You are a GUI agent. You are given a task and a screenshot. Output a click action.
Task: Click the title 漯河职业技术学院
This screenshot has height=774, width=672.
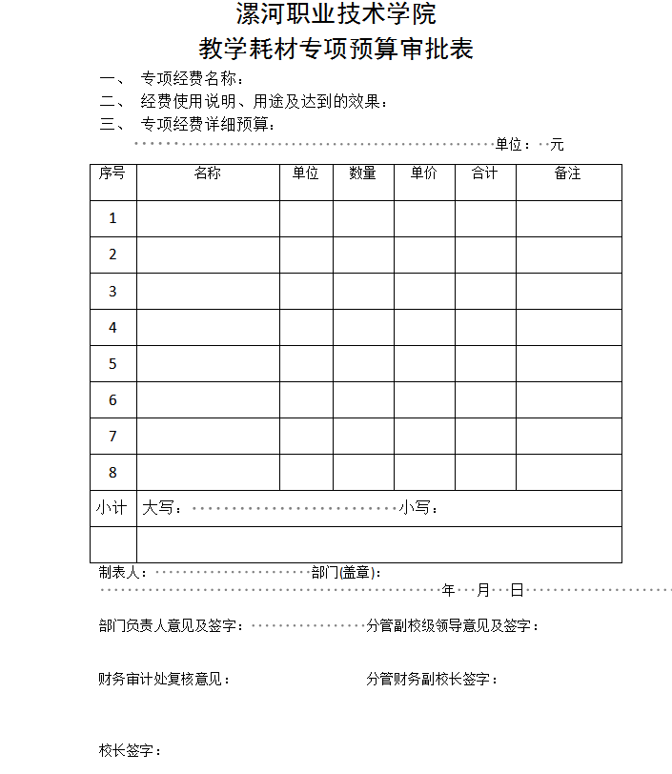tap(336, 15)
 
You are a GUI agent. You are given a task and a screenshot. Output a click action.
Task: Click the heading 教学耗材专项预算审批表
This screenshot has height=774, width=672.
tap(336, 49)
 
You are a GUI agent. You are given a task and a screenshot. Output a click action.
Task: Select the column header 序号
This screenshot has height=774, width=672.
tap(112, 173)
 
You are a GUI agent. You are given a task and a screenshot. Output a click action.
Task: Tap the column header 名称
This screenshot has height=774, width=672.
tap(208, 173)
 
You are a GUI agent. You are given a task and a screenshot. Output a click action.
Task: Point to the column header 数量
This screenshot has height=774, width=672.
tap(363, 173)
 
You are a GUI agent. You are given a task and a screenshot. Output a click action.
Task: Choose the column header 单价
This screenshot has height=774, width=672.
tap(424, 173)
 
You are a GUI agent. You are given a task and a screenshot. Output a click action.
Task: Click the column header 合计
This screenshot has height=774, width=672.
tap(485, 173)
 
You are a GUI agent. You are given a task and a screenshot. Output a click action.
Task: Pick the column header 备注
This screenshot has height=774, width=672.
tap(568, 173)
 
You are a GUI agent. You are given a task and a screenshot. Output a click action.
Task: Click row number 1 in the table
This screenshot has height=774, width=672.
tap(112, 218)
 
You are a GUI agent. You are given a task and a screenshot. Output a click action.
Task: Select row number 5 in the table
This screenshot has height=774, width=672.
tap(112, 364)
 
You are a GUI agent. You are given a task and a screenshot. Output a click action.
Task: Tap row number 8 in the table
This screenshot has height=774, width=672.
tap(112, 473)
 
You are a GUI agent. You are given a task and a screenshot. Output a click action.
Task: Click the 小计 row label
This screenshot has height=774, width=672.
tap(112, 508)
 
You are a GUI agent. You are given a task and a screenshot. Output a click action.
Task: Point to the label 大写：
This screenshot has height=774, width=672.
tap(163, 508)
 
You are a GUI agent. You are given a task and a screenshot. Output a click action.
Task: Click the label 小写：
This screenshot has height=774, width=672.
tap(420, 508)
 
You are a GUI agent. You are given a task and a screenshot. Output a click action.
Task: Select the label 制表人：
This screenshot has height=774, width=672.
tap(123, 573)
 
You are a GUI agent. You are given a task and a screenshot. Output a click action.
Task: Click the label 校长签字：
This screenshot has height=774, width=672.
tap(130, 751)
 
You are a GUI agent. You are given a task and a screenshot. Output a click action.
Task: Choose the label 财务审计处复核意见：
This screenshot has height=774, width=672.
tap(164, 680)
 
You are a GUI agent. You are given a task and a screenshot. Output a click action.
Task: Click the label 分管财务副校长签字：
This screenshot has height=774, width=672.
tap(432, 680)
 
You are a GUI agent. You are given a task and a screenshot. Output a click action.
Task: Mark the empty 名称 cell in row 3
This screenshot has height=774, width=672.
tap(208, 292)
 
